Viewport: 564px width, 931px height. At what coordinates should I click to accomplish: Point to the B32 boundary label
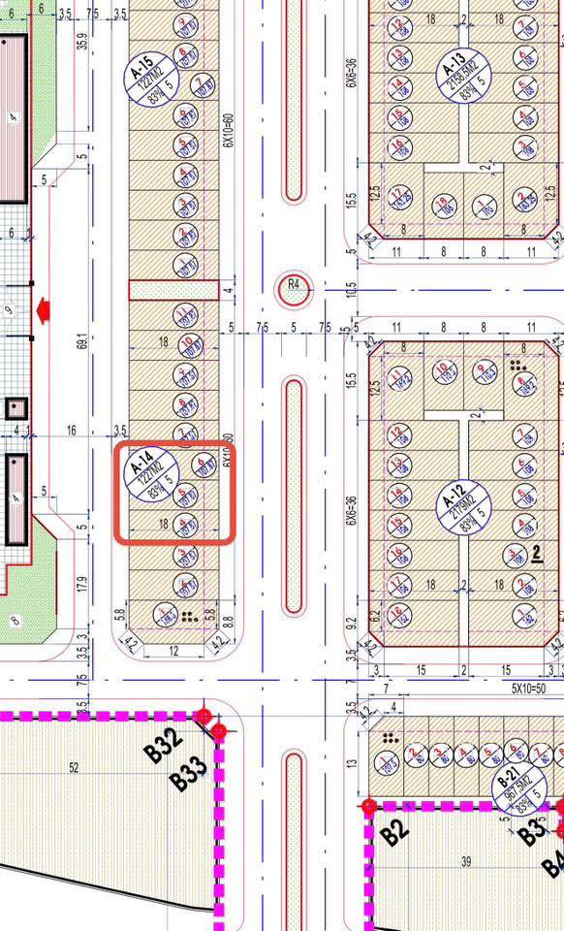pyautogui.click(x=167, y=747)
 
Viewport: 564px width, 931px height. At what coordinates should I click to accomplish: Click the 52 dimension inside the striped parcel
pyautogui.click(x=74, y=768)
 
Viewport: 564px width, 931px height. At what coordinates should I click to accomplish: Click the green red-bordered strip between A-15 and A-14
pyautogui.click(x=172, y=290)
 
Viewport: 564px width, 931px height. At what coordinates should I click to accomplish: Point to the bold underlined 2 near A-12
pyautogui.click(x=537, y=554)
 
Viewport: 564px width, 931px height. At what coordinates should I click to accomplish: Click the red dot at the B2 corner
pyautogui.click(x=368, y=805)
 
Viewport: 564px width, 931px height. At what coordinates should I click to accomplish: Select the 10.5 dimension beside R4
pyautogui.click(x=350, y=288)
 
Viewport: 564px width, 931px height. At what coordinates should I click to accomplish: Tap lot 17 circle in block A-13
pyautogui.click(x=396, y=196)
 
